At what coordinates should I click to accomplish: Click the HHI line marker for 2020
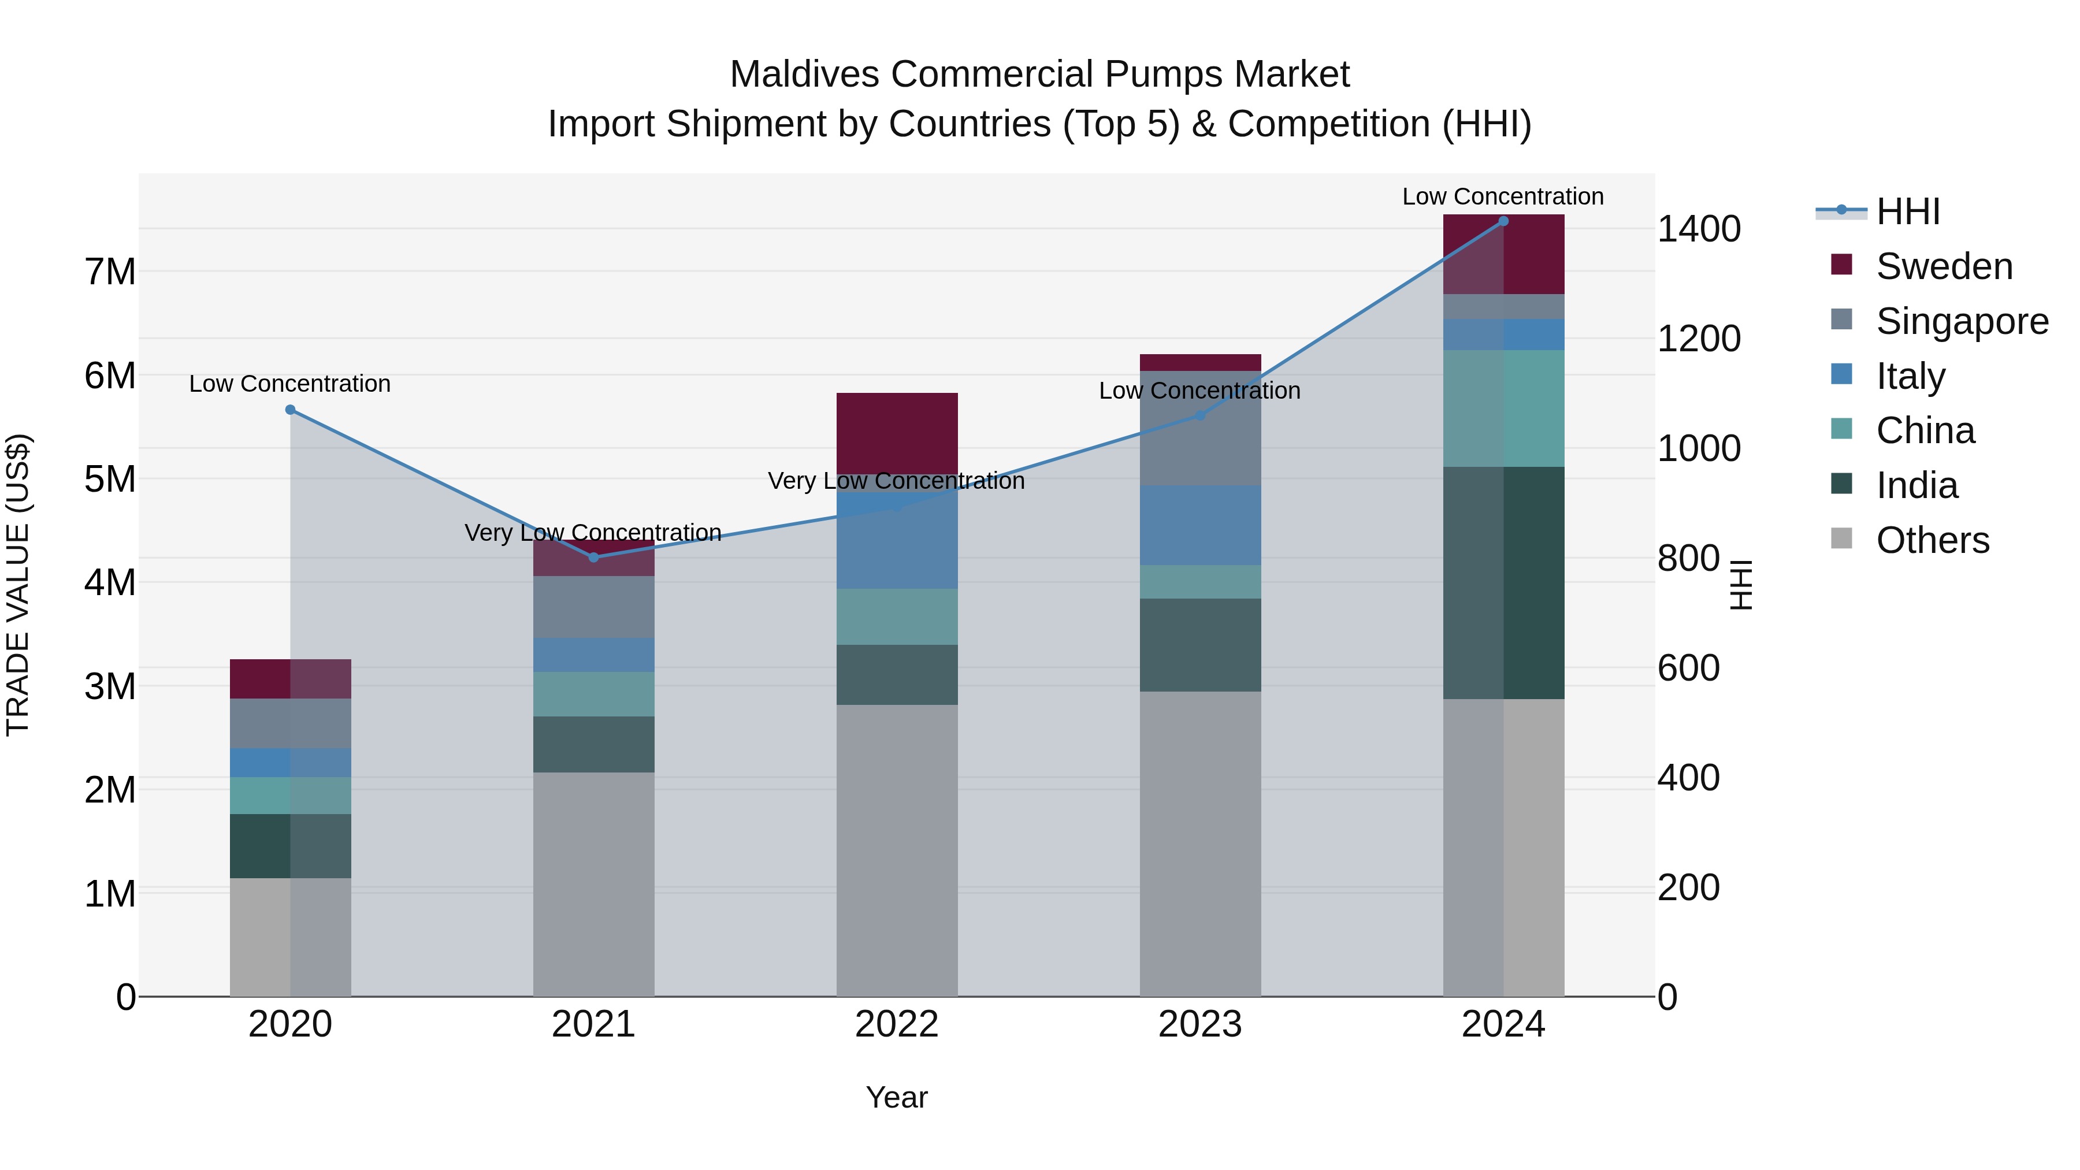tap(291, 410)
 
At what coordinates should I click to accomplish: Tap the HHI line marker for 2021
tap(593, 557)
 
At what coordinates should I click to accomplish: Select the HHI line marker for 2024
tap(1503, 221)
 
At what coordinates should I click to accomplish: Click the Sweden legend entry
tap(1944, 266)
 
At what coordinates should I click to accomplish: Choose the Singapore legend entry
tap(1962, 321)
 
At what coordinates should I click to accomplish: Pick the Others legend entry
tap(1932, 540)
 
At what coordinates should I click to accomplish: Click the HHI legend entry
tap(1907, 211)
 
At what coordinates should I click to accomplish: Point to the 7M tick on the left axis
tap(110, 272)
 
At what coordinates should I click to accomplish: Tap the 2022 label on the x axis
tap(896, 1024)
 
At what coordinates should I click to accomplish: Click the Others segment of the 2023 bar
tap(1200, 844)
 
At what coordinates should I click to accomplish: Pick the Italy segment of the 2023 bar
tap(1200, 525)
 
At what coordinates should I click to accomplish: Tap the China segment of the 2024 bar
tap(1503, 408)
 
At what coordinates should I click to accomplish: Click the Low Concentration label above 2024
tap(1503, 197)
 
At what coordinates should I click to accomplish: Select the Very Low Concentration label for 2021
tap(593, 533)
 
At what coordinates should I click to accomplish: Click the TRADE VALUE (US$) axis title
tap(18, 585)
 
